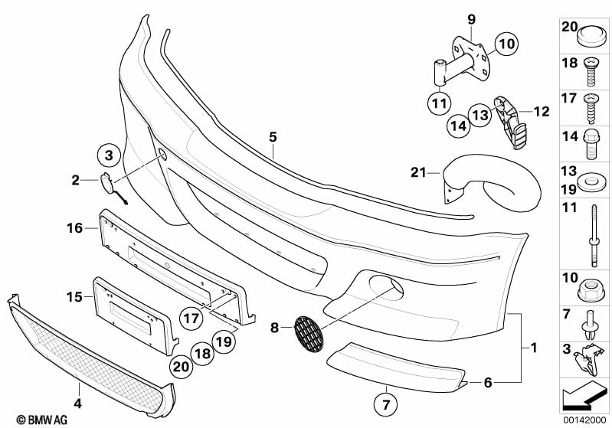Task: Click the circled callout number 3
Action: pos(109,155)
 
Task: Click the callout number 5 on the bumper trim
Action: pos(272,137)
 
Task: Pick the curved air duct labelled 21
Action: pos(498,188)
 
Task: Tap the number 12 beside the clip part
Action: pos(542,112)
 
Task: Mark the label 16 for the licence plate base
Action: pos(74,228)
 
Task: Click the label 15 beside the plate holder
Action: pos(74,296)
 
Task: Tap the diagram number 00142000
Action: pos(586,420)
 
